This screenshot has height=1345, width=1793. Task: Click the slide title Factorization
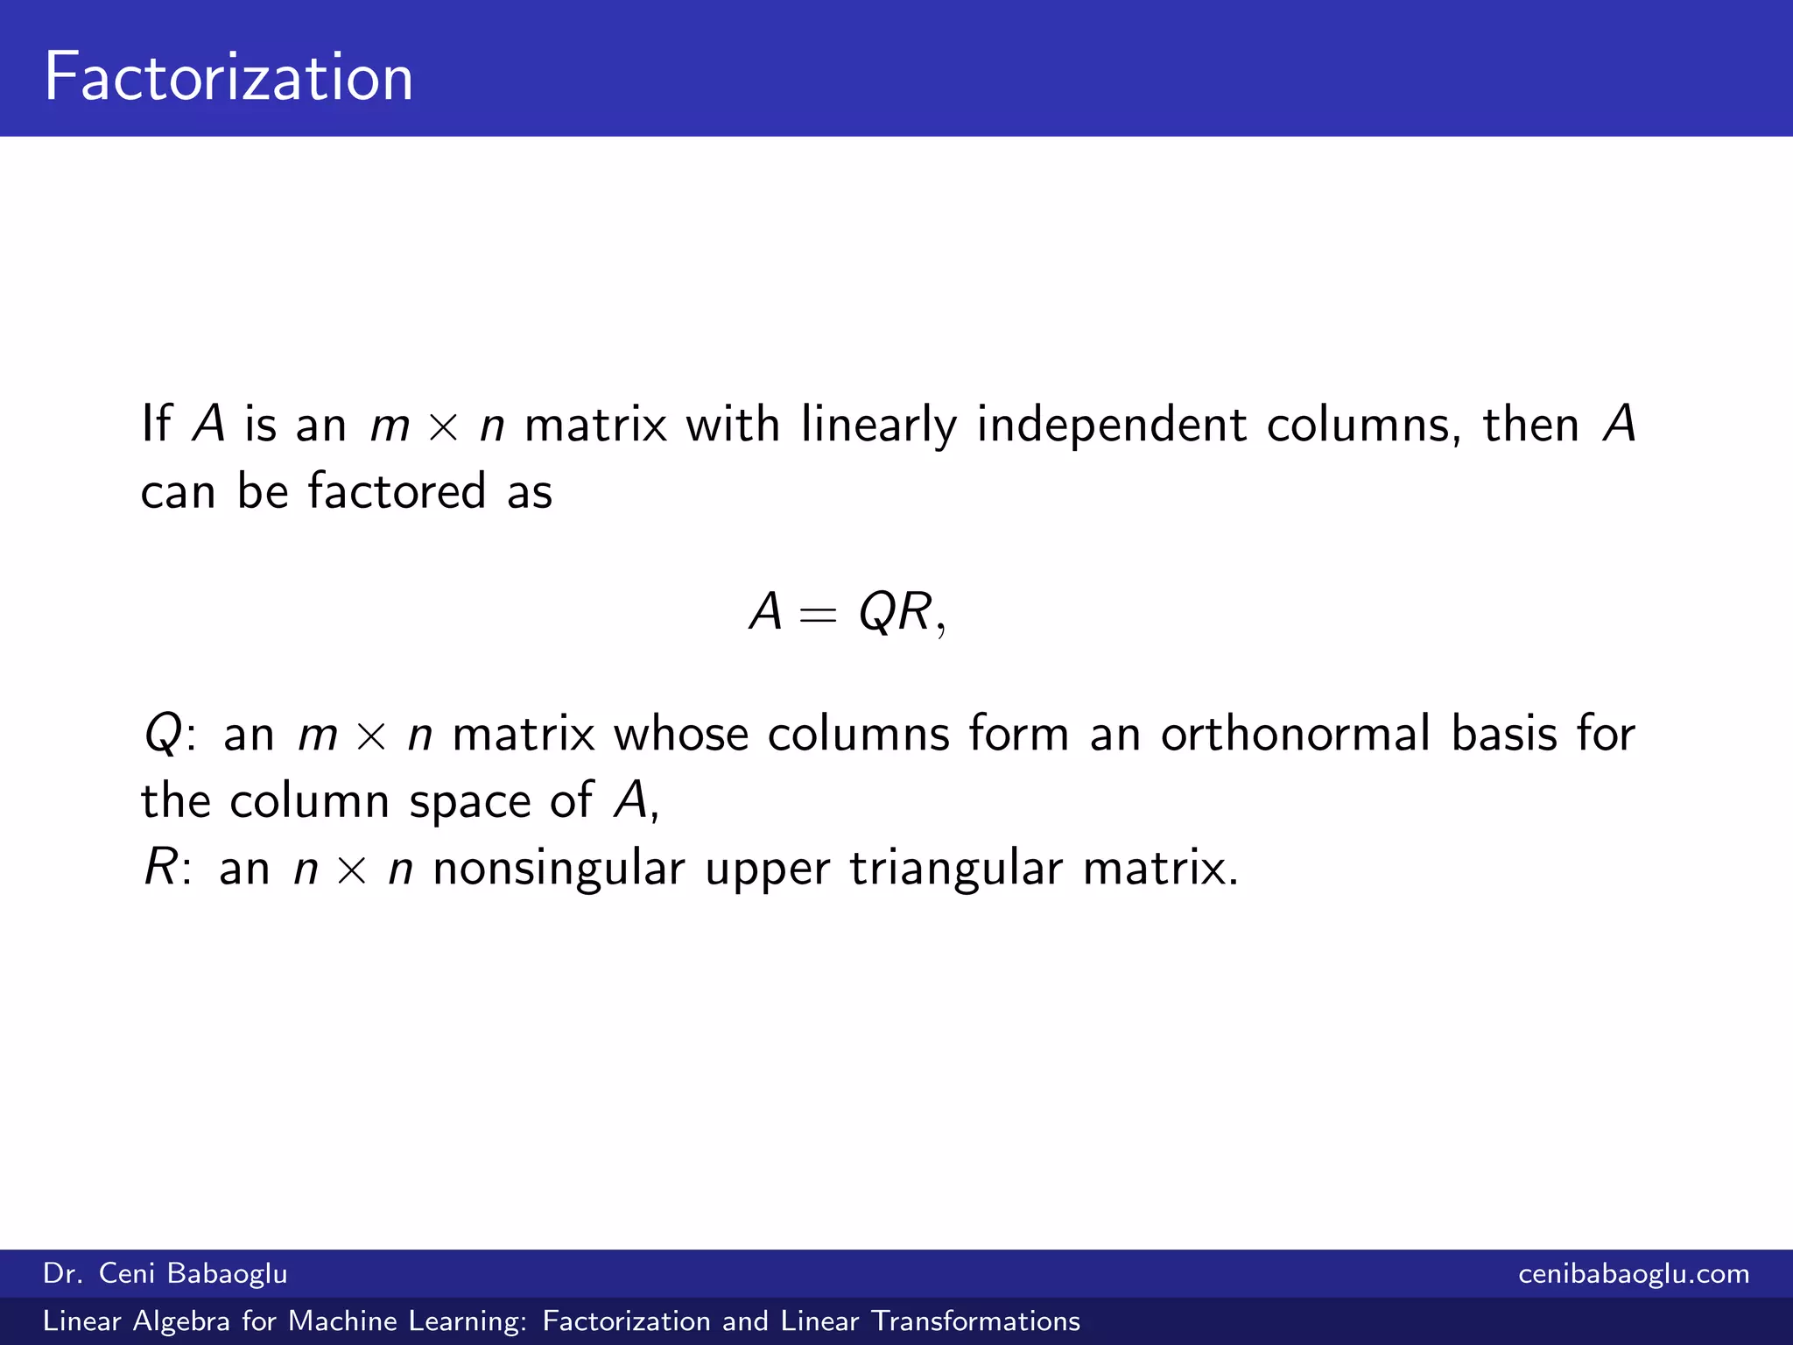[229, 77]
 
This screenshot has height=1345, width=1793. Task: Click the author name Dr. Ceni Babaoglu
[165, 1273]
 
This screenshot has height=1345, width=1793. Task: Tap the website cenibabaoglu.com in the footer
[1634, 1273]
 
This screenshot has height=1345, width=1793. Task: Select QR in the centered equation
[895, 611]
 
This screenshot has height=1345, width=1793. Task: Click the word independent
[1111, 425]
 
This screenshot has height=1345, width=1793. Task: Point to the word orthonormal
[1295, 734]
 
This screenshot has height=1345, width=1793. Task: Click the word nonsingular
[559, 870]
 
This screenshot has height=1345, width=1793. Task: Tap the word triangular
[955, 870]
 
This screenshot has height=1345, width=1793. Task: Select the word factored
[397, 491]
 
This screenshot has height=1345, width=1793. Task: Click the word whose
[681, 734]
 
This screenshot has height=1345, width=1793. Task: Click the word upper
[767, 870]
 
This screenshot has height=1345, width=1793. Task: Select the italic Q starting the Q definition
[163, 734]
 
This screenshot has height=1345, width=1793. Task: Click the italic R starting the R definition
[161, 869]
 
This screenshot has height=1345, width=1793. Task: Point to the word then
[1531, 425]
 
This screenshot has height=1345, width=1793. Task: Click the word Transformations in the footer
[976, 1321]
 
